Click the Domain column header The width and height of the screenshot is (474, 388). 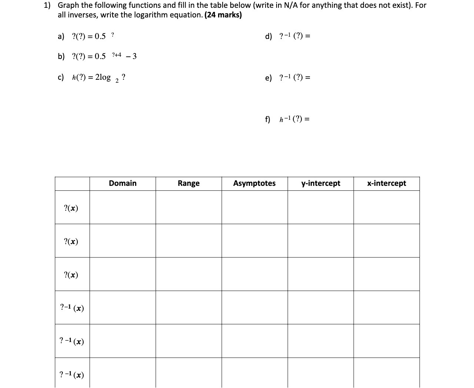(x=123, y=183)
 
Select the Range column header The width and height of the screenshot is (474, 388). (x=188, y=183)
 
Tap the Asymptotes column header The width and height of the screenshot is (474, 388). (x=254, y=183)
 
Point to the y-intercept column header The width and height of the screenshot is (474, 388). (x=321, y=183)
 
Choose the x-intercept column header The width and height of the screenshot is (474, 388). (x=387, y=183)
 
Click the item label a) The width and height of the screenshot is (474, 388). (x=61, y=36)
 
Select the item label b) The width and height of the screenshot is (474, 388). (x=61, y=56)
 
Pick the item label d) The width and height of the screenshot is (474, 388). (x=268, y=36)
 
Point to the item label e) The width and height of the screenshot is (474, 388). (x=268, y=78)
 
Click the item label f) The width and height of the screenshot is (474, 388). (x=267, y=119)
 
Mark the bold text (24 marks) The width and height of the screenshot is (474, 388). (x=223, y=15)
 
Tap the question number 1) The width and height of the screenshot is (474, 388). (x=47, y=6)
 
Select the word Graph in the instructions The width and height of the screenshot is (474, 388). (x=69, y=6)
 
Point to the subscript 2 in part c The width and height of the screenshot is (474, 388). (x=117, y=82)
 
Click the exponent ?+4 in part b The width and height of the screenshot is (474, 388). (x=117, y=55)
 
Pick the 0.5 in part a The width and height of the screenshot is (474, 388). (x=100, y=36)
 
